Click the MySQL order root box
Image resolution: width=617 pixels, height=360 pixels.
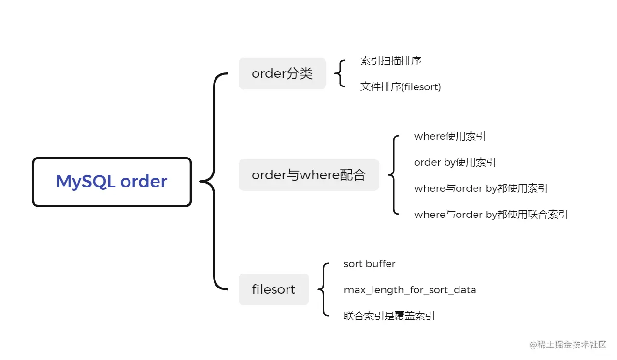point(112,182)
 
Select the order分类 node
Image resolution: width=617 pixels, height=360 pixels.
point(282,73)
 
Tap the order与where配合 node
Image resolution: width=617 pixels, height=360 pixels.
point(309,175)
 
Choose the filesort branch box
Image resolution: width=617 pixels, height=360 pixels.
point(273,289)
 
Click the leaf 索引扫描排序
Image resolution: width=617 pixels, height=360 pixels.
point(391,61)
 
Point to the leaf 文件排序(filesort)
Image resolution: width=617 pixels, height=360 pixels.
point(401,87)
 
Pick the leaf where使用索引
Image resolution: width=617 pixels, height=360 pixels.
point(450,136)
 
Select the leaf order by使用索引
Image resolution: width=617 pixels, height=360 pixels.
point(455,162)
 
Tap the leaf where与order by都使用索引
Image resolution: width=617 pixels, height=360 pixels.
point(481,188)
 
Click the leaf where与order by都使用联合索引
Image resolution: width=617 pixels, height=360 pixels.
point(491,215)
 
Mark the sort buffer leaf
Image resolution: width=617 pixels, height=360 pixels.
point(370,264)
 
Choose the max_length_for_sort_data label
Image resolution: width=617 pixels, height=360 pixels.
point(410,290)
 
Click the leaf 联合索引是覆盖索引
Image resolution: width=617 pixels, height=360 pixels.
point(389,316)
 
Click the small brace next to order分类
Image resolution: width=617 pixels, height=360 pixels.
point(341,73)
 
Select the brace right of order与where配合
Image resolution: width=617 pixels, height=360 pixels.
point(394,175)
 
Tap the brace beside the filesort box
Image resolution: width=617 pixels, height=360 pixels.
point(323,289)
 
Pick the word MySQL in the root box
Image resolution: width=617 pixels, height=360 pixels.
point(85,182)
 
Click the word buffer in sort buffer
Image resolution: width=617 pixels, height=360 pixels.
point(380,264)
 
